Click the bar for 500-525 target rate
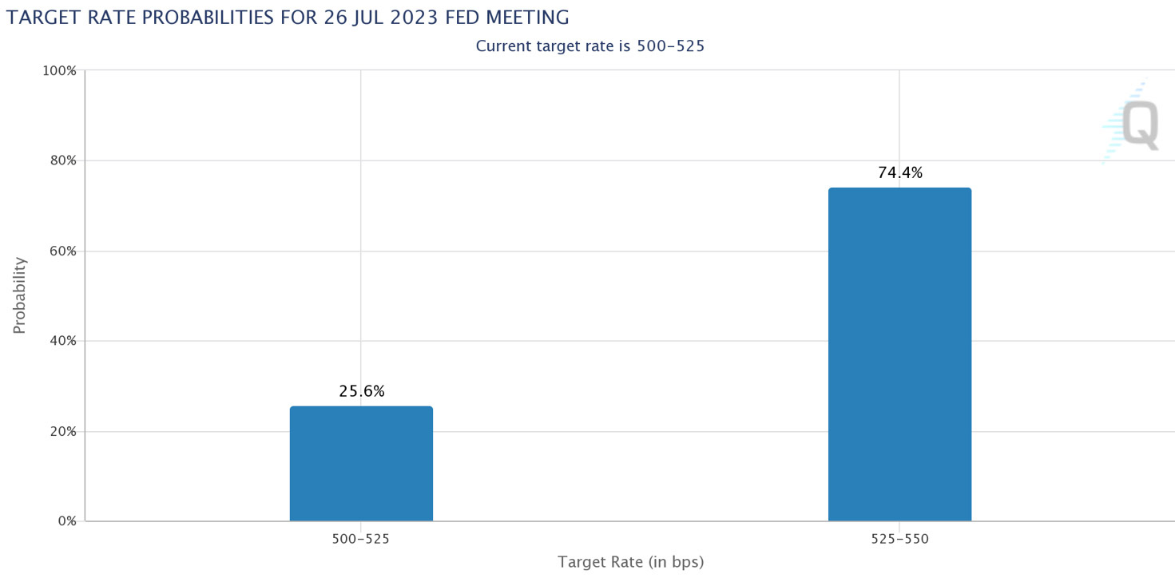coord(361,464)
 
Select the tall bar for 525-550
coord(899,354)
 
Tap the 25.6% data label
coord(361,391)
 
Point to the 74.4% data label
coord(899,172)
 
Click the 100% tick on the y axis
coord(60,70)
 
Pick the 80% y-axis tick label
coord(62,160)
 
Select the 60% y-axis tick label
coord(62,251)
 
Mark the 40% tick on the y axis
coord(62,341)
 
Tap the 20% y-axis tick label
coord(62,431)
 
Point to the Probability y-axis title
coord(19,295)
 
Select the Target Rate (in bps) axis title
coord(630,562)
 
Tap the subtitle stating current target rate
coord(589,46)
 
